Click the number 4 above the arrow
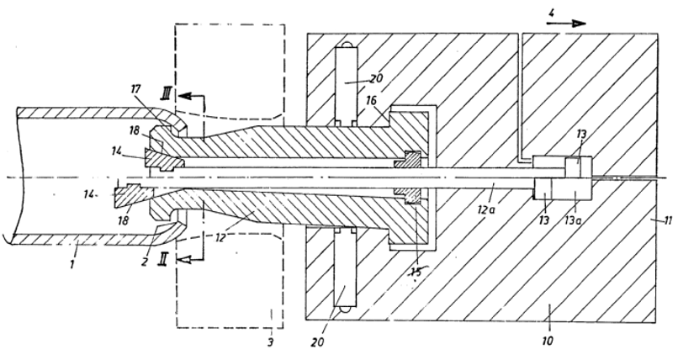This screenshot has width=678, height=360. (x=551, y=13)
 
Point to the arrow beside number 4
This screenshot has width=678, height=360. (x=565, y=24)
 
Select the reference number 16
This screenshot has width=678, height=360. (x=371, y=101)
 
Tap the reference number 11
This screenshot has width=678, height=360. (x=668, y=221)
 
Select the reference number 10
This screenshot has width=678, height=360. (x=548, y=341)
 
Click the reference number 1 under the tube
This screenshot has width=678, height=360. (x=72, y=262)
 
